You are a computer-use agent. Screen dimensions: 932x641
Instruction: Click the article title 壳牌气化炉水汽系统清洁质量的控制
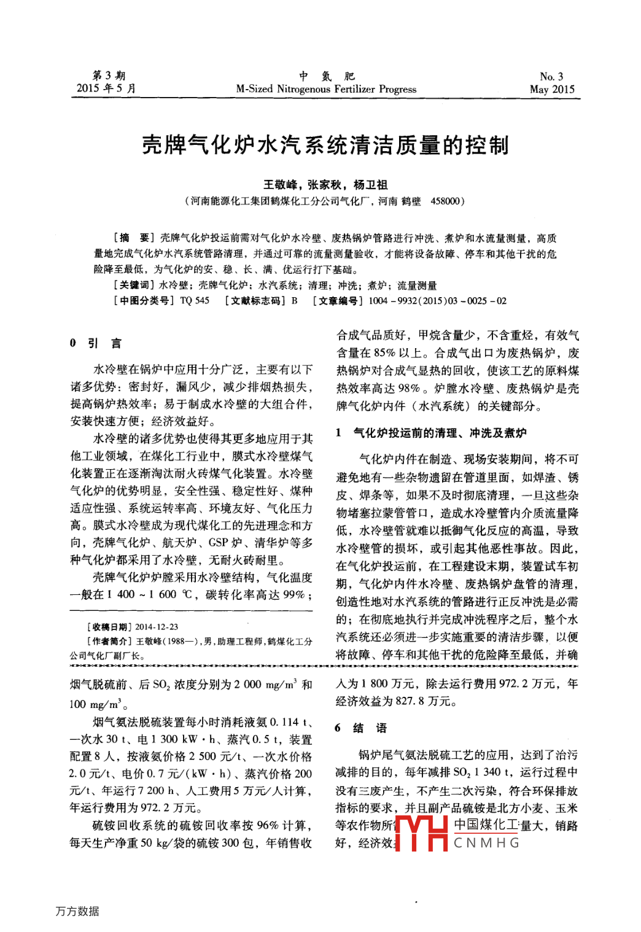(x=325, y=146)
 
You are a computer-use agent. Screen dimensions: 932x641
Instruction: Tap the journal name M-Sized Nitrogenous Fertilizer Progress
(x=326, y=89)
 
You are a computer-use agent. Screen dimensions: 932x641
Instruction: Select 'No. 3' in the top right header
(x=551, y=77)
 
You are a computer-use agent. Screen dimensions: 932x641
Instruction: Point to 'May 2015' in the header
(x=552, y=89)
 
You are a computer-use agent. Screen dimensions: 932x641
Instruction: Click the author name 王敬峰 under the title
(x=280, y=185)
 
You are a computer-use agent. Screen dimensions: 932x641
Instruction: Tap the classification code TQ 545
(x=195, y=301)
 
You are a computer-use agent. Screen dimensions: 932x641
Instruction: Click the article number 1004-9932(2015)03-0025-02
(x=438, y=301)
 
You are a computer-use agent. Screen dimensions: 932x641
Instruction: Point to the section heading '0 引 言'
(x=96, y=343)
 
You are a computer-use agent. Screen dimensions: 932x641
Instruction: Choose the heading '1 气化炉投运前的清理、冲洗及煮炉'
(x=431, y=433)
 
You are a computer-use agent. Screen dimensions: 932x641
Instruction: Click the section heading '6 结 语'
(x=361, y=728)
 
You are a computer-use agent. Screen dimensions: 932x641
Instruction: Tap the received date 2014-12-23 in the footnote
(x=157, y=627)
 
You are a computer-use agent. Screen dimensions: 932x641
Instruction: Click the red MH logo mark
(x=421, y=833)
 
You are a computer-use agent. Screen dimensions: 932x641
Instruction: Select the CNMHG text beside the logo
(x=486, y=843)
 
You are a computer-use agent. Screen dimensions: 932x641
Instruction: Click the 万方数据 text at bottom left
(x=77, y=911)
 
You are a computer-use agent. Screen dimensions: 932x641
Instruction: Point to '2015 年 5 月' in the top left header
(x=106, y=88)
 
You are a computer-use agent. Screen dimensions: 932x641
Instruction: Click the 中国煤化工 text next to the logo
(x=486, y=825)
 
